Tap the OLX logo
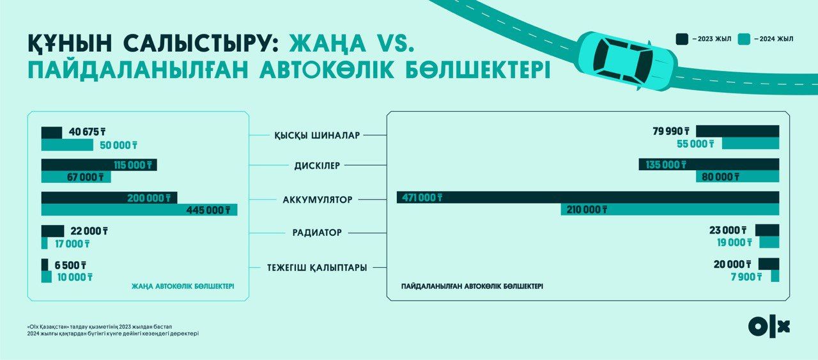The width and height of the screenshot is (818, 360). click(x=769, y=326)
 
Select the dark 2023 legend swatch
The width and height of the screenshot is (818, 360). click(x=682, y=39)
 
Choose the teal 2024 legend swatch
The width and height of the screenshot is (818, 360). click(x=744, y=39)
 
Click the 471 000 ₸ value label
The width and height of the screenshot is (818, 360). click(x=422, y=198)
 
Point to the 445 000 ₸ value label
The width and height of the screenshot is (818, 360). click(x=208, y=210)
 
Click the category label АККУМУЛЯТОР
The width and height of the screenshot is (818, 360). click(x=318, y=200)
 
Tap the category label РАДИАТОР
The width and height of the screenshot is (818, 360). click(x=317, y=233)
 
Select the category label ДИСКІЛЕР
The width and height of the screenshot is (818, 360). click(x=317, y=166)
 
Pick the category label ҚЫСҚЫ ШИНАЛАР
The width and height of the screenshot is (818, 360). click(x=317, y=136)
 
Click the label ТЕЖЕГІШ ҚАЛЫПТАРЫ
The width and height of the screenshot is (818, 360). click(x=317, y=267)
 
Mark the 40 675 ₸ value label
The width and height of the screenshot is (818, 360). click(x=88, y=132)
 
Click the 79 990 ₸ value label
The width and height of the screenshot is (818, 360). click(x=671, y=131)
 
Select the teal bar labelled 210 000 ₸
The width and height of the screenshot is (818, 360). click(x=670, y=210)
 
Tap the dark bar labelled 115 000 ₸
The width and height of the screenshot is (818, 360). click(x=99, y=165)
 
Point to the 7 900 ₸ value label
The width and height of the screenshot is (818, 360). click(x=746, y=277)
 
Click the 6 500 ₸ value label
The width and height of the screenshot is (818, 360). click(x=70, y=265)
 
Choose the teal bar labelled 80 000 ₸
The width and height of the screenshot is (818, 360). click(x=737, y=176)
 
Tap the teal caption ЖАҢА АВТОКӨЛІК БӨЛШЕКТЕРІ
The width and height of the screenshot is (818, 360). click(x=183, y=286)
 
